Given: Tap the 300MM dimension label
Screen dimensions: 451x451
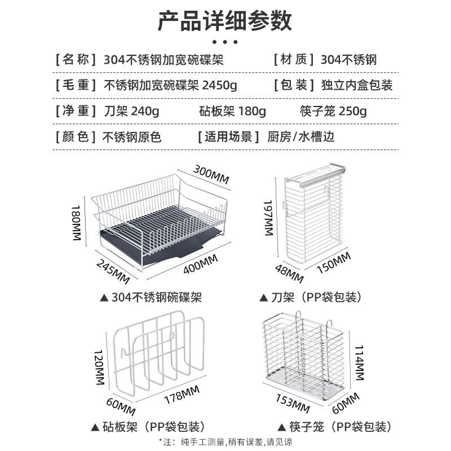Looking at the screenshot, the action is (x=211, y=173).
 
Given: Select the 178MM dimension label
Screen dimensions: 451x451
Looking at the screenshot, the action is (x=180, y=393).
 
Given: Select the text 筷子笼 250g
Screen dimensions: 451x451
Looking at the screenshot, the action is (x=333, y=111).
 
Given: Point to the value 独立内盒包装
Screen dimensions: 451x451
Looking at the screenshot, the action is (x=356, y=86).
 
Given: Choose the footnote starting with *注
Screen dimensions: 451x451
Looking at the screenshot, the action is (x=225, y=441).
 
